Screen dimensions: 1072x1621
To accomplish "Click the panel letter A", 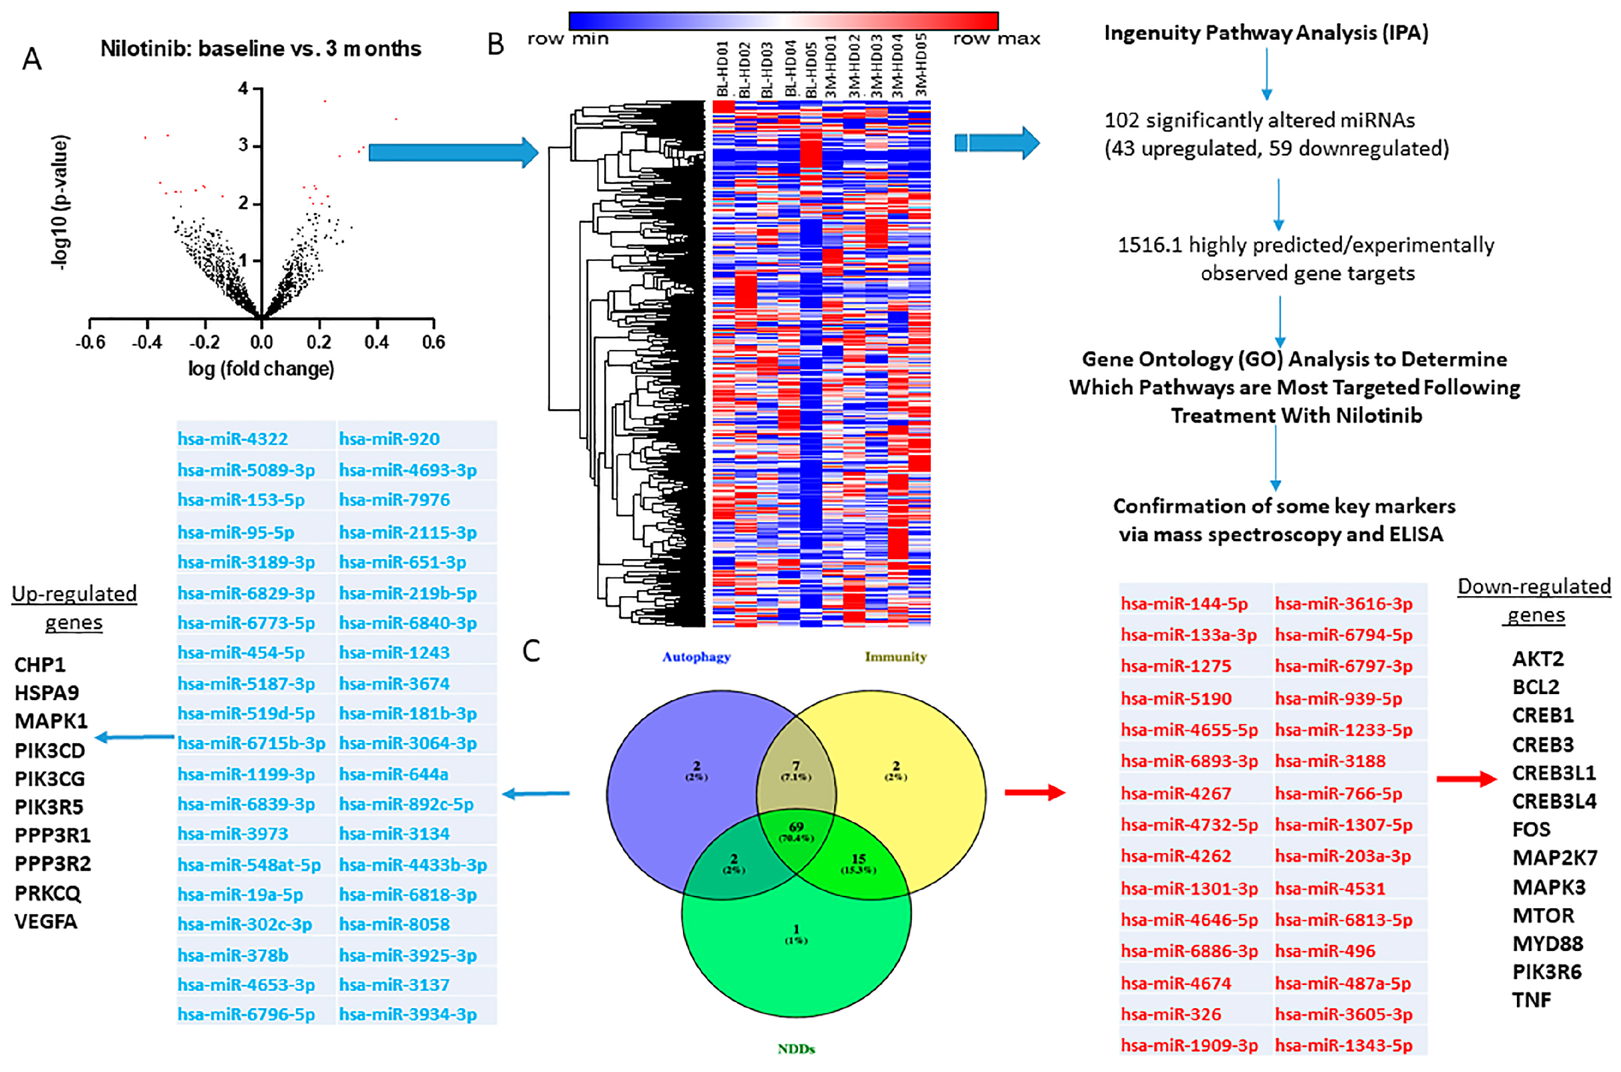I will point(31,60).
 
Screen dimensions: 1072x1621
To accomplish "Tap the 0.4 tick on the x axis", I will point(376,341).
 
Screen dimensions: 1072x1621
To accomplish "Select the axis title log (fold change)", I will point(261,369).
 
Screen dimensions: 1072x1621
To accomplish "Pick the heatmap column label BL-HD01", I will point(722,69).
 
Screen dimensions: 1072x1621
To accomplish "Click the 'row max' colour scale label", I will point(996,39).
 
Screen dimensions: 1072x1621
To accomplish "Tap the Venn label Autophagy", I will point(696,656).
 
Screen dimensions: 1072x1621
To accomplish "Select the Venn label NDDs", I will point(796,1048).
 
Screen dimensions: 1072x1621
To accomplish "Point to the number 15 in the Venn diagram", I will point(858,859).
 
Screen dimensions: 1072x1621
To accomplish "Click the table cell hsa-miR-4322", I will point(232,439).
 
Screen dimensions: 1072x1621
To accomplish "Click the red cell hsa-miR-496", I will point(1325,950).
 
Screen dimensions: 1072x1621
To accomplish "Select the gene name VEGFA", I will point(46,921).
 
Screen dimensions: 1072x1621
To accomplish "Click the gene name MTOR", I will point(1543,915).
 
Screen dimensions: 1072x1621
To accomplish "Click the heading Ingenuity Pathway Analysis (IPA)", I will point(1266,33).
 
